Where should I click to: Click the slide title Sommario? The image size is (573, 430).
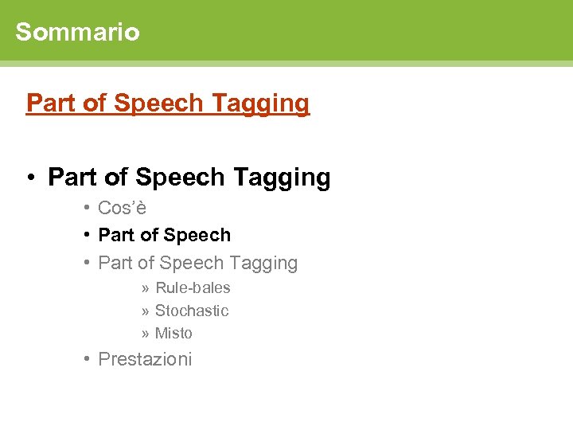[77, 32]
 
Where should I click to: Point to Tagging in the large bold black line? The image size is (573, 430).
[282, 177]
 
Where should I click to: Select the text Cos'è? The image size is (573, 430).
[122, 208]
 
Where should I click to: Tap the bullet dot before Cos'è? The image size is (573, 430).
[85, 209]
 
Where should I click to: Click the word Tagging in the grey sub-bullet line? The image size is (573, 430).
[263, 263]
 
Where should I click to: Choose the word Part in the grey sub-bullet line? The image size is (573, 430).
[115, 263]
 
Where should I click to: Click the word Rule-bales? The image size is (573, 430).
[193, 287]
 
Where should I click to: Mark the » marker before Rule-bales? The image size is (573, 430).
[146, 288]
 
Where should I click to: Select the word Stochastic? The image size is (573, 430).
[192, 311]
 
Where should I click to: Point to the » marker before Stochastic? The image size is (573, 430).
[146, 311]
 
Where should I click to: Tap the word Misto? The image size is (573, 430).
[173, 333]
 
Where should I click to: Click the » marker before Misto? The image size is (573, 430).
[146, 334]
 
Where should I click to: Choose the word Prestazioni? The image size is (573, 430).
[145, 359]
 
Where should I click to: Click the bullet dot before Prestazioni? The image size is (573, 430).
[85, 359]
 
